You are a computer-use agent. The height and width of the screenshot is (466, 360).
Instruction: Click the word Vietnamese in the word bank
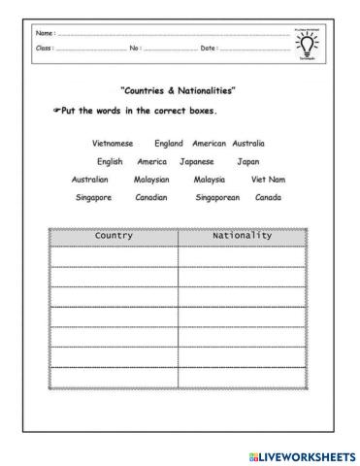pos(112,143)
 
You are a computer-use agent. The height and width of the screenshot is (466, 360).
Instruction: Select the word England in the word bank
pos(169,143)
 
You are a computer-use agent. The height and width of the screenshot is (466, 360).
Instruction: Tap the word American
pos(209,143)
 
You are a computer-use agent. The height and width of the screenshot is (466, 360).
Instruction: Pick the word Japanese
pos(202,161)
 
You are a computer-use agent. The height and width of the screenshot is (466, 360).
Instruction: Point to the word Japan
pos(248,161)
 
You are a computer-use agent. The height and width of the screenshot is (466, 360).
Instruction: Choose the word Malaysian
pos(151,180)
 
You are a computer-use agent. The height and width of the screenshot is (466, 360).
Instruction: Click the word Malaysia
pos(210,180)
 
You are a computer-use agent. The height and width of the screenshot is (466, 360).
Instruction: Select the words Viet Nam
pos(269,180)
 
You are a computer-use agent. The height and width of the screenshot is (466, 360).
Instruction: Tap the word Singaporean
pos(217,197)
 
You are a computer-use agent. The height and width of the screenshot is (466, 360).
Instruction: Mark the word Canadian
pos(150,197)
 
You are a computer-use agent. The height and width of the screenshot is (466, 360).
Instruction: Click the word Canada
pos(268,197)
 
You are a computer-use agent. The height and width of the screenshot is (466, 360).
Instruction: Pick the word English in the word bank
pos(110,161)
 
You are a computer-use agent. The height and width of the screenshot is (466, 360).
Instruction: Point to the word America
pos(152,161)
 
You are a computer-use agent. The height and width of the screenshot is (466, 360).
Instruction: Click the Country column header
pos(114,236)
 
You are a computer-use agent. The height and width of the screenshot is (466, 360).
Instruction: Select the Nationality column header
pos(242,236)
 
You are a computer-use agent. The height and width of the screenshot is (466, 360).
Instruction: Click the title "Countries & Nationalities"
pos(178,90)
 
